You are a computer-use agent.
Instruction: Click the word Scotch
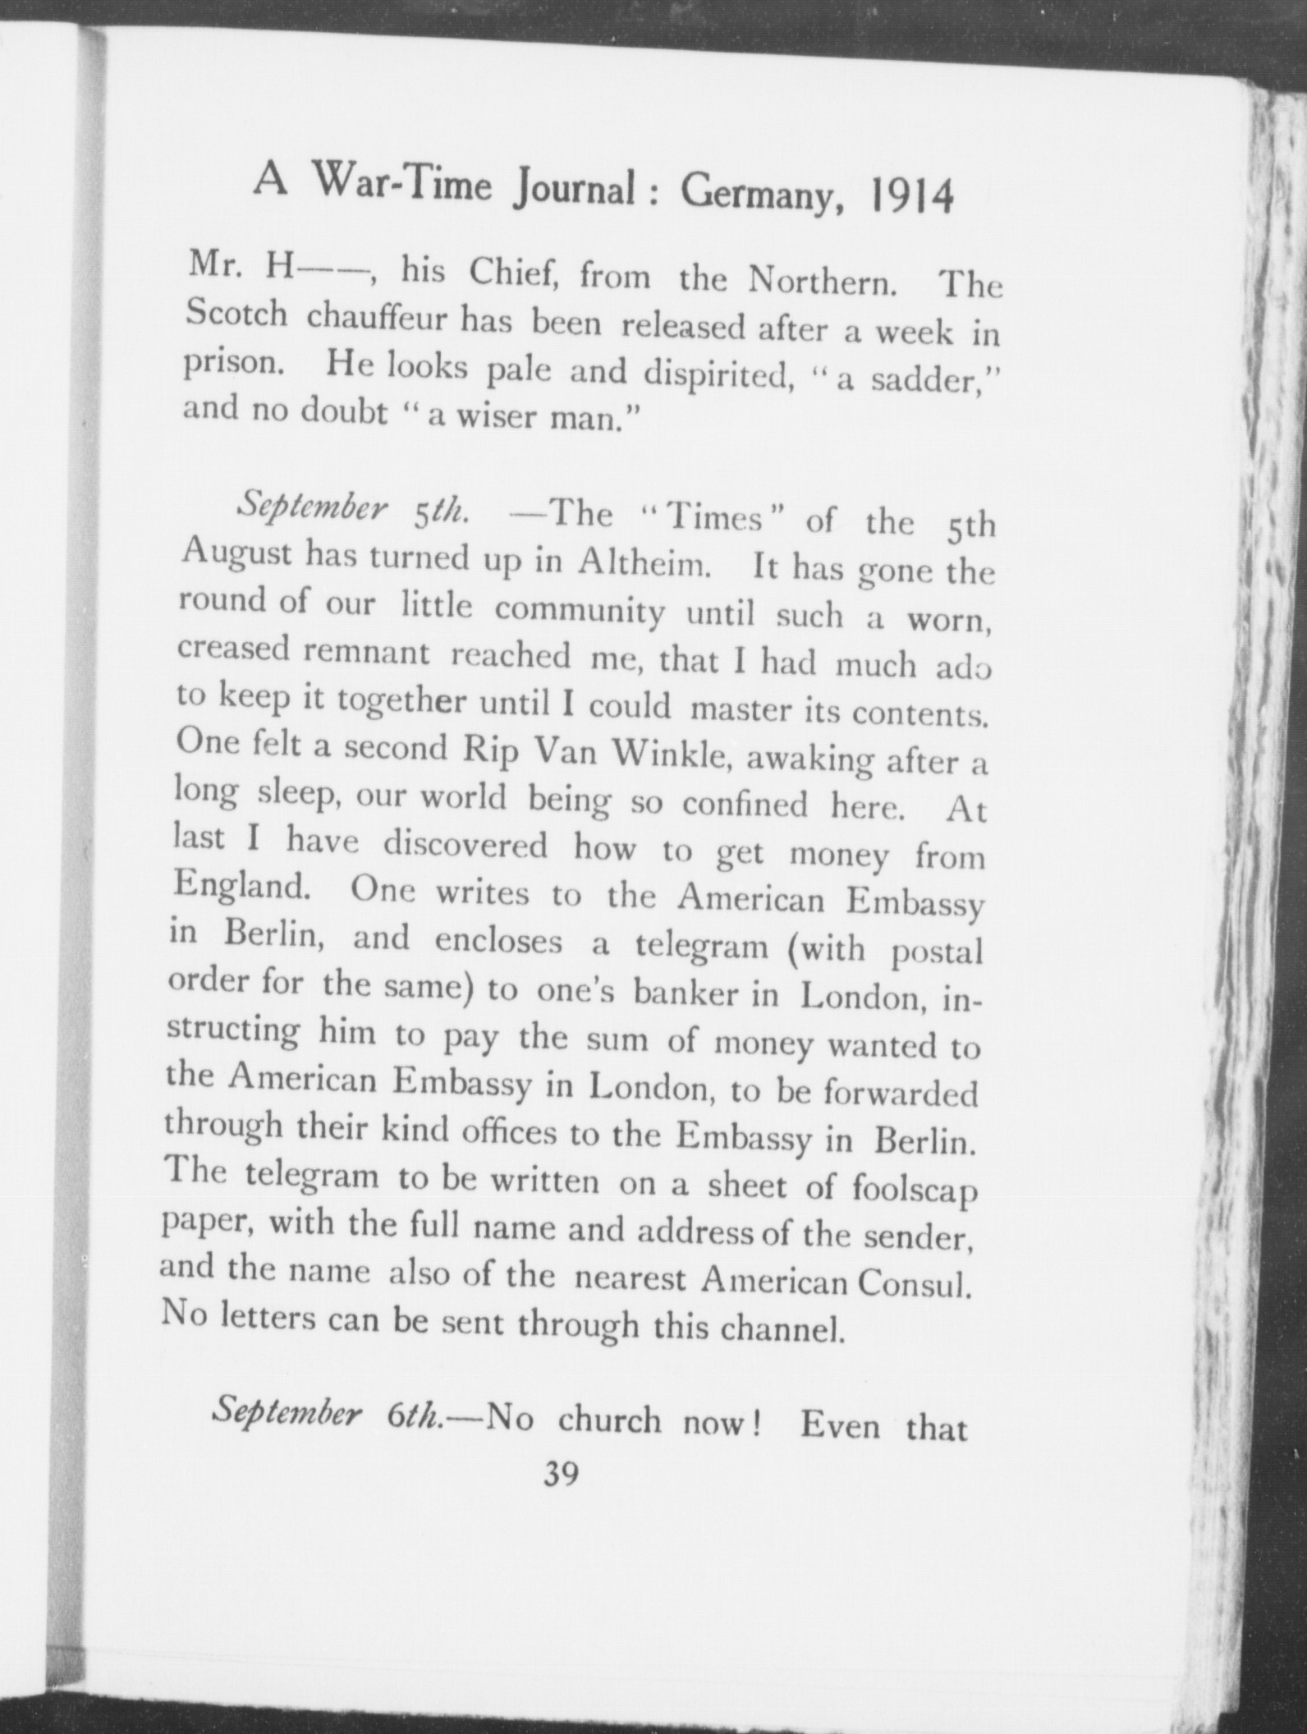(x=236, y=314)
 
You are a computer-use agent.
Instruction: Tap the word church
(x=608, y=1420)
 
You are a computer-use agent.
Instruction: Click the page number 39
(x=561, y=1475)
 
